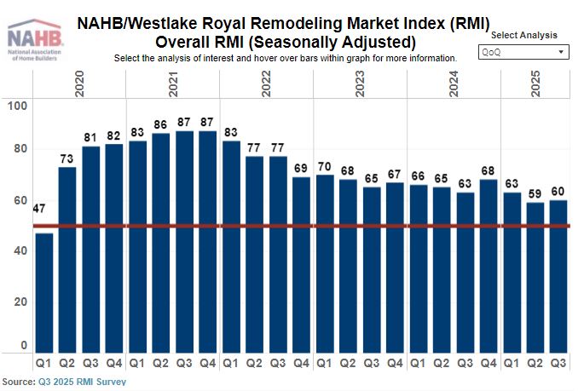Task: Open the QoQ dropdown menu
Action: point(523,52)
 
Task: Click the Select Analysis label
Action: point(524,35)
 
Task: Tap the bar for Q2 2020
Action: point(67,259)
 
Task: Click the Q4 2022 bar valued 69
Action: point(301,264)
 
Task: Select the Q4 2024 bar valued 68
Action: point(489,265)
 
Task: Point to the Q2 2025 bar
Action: point(535,277)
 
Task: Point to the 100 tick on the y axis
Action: point(17,106)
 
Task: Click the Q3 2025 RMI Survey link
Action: point(82,382)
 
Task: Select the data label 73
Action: point(67,159)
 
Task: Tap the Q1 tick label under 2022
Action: point(230,364)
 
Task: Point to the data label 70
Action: point(324,167)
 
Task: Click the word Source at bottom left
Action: point(17,382)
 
